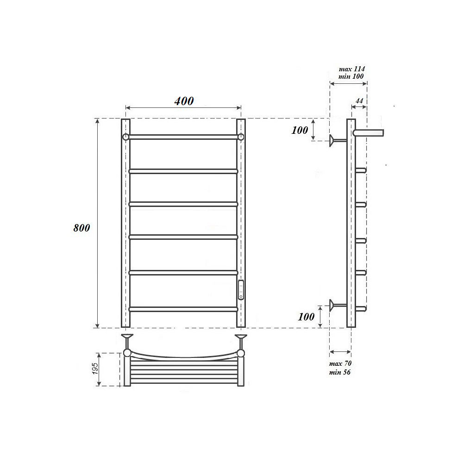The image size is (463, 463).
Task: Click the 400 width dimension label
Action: [x=184, y=101]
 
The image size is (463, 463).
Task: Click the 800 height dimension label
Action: [x=81, y=228]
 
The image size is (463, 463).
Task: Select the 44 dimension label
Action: [x=359, y=100]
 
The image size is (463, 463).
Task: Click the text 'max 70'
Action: [x=340, y=364]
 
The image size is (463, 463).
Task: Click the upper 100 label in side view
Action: [x=300, y=130]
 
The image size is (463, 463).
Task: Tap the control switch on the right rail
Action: [x=241, y=290]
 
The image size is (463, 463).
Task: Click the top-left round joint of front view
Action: [x=125, y=137]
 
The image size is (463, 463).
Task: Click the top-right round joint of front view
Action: [x=241, y=137]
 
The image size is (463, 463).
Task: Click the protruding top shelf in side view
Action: [x=369, y=133]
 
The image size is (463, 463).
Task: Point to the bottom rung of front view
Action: [x=183, y=308]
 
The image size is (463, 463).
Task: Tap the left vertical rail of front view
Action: [x=125, y=222]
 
